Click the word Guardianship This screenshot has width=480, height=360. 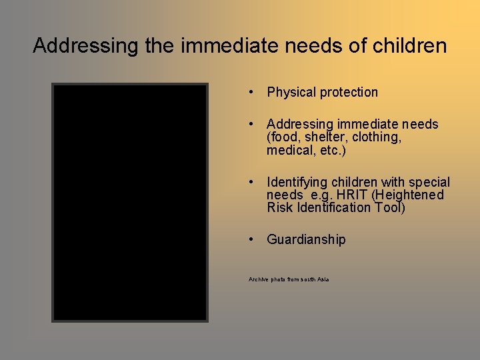tap(306, 239)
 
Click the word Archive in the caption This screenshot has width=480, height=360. tap(257, 279)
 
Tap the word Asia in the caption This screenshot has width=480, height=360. tap(323, 279)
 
